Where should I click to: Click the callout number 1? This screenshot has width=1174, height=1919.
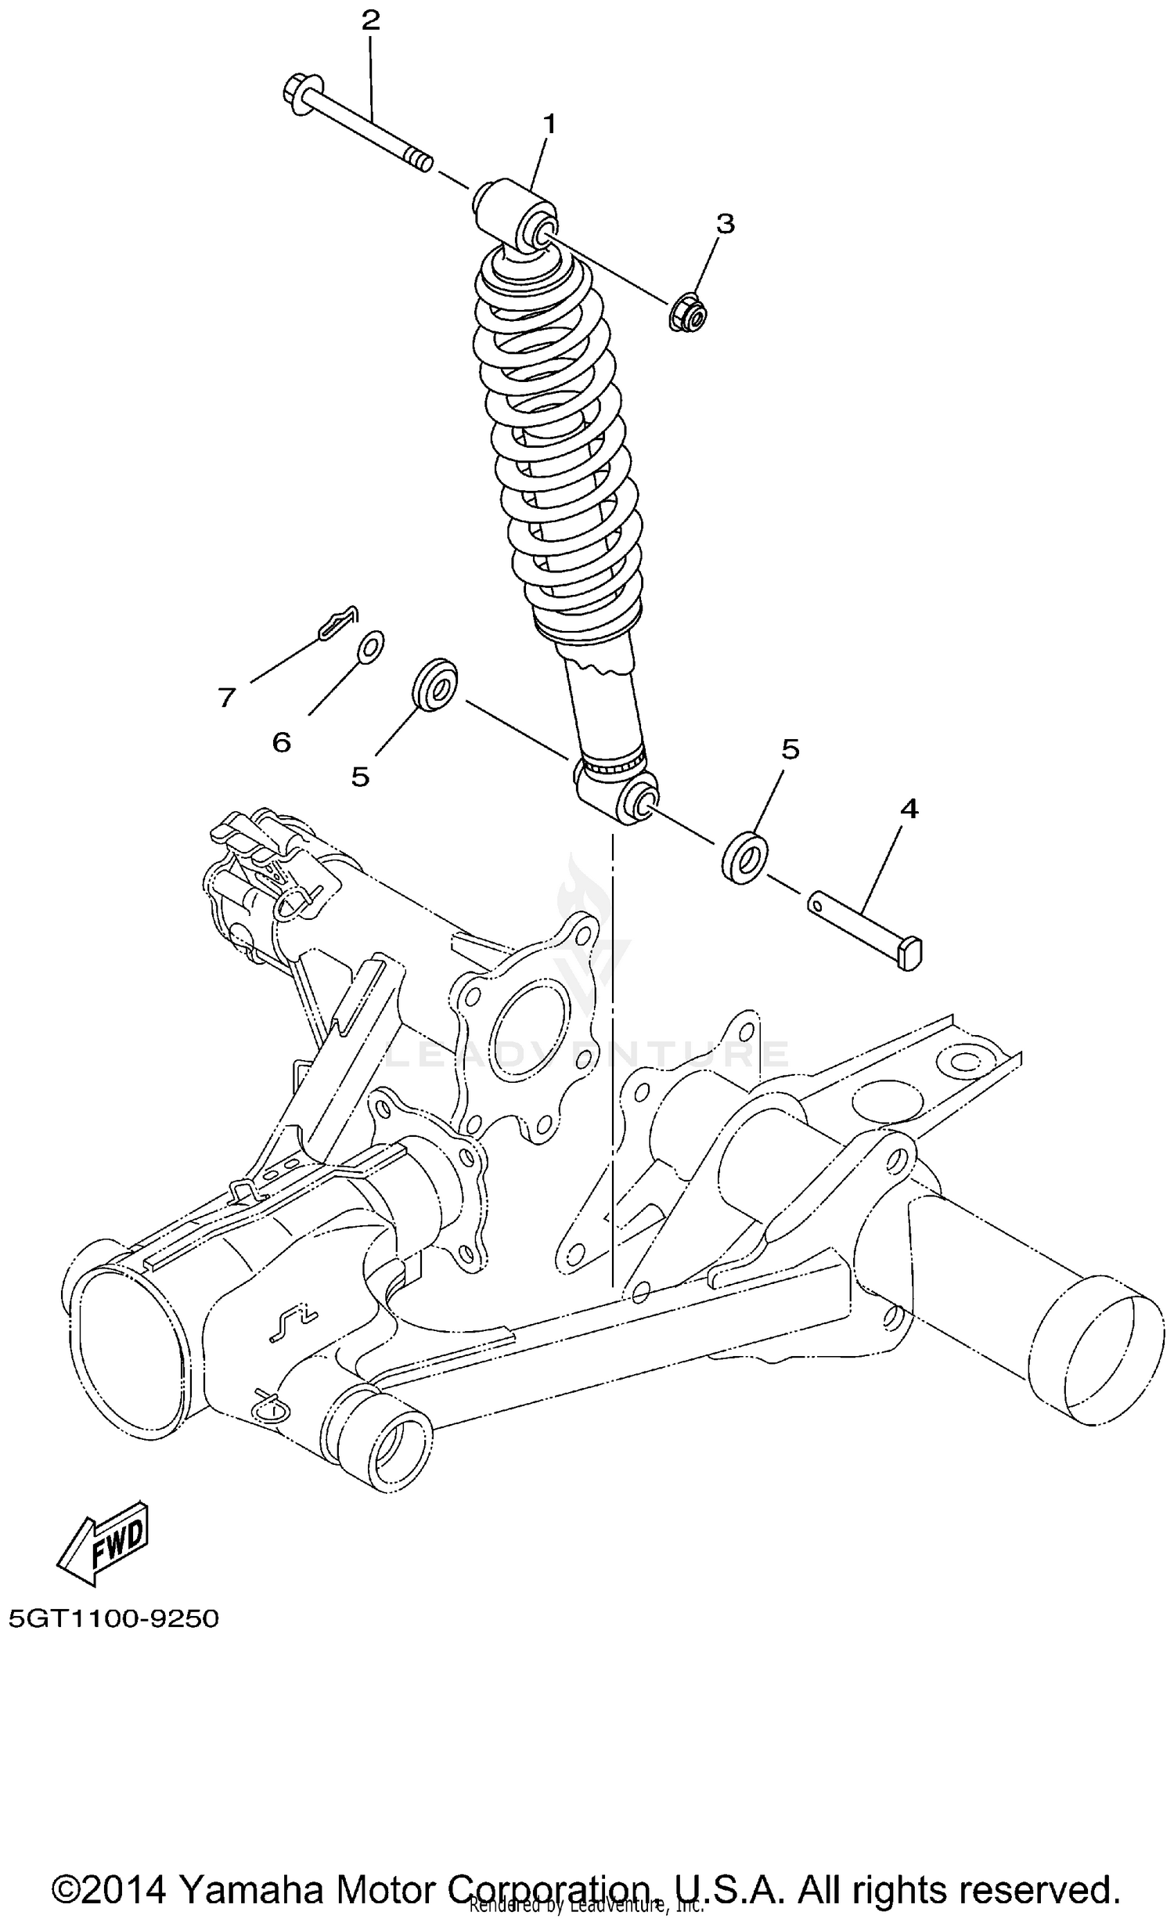549,124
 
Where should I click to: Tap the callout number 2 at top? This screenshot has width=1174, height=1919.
370,20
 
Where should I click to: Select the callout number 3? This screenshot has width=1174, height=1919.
726,224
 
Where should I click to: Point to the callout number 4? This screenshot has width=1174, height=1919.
909,810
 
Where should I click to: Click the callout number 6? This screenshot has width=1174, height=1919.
282,741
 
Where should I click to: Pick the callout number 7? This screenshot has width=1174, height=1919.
227,696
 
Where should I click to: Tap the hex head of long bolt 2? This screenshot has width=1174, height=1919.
298,94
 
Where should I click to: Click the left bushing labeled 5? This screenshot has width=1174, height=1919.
435,685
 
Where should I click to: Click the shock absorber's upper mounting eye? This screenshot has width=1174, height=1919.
517,214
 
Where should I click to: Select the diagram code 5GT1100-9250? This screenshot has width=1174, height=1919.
114,1618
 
